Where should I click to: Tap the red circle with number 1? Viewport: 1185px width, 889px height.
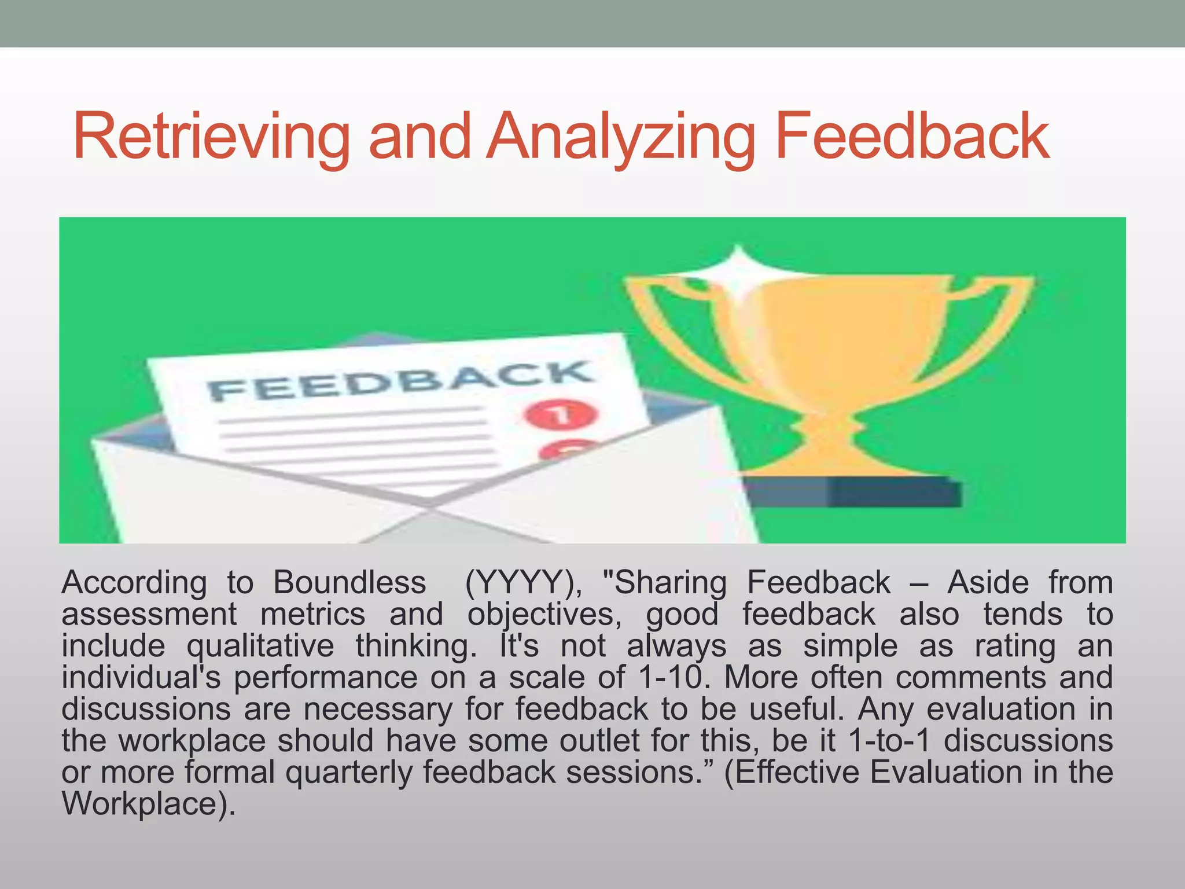[560, 414]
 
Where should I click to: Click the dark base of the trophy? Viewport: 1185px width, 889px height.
[851, 492]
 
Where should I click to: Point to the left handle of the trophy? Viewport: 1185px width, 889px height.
[665, 324]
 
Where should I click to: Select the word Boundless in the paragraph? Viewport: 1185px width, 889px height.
[349, 582]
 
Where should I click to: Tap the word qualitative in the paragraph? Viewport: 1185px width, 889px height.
[260, 646]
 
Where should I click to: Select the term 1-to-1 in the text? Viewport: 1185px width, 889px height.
[889, 741]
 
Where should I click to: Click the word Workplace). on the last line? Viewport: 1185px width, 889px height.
[149, 804]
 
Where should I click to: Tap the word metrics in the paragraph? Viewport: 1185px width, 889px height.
[312, 614]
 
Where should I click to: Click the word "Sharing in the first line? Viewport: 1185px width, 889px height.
[664, 582]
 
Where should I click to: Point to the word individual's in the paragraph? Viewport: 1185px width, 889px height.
[141, 677]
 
